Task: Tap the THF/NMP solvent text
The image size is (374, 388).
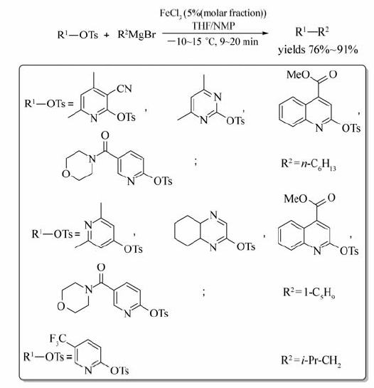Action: click(213, 26)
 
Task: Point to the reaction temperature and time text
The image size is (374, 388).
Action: click(213, 41)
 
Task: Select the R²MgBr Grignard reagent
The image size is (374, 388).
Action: click(137, 35)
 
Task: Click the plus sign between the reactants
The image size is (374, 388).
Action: click(106, 36)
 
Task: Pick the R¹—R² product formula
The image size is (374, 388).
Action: click(312, 32)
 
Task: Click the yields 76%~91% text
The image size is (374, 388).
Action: click(318, 50)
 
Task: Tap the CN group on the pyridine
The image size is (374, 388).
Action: click(124, 88)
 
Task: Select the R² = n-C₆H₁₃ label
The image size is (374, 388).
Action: click(309, 164)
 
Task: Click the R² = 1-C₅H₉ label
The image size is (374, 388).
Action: click(309, 292)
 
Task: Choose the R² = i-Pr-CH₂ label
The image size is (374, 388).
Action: click(311, 360)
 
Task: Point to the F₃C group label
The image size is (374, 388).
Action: click(58, 339)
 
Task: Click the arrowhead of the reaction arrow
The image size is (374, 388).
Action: click(265, 33)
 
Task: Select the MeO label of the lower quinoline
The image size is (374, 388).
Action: click(295, 199)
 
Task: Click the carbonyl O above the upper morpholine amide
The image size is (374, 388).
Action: click(105, 135)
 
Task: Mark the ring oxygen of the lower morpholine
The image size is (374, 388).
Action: click(61, 306)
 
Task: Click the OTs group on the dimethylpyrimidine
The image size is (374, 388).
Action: click(235, 121)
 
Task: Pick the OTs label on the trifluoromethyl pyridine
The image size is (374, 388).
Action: click(119, 371)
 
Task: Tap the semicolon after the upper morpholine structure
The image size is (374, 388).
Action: click(196, 162)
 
